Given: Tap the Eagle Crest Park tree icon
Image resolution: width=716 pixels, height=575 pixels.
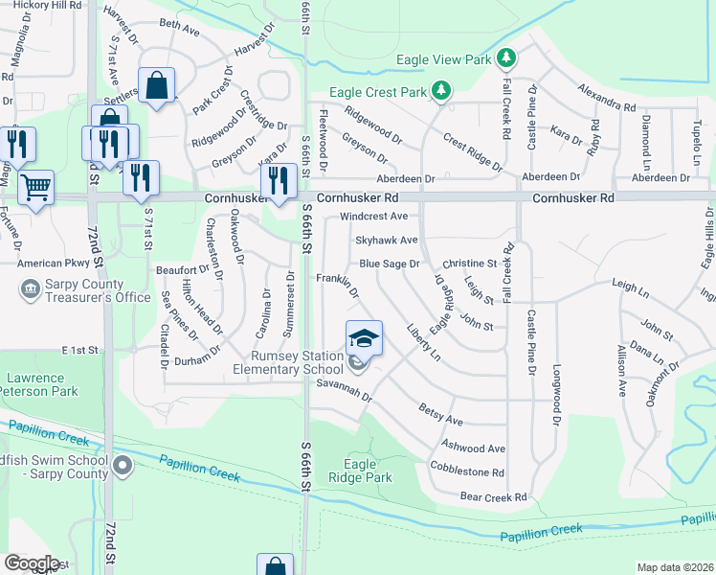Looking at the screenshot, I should tap(441, 91).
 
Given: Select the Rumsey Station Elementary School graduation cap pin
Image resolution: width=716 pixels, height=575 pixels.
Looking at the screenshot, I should tap(364, 339).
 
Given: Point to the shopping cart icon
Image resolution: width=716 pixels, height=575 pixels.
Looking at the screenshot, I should tap(36, 187).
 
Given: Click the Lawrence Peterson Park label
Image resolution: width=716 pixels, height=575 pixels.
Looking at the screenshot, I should tap(37, 385).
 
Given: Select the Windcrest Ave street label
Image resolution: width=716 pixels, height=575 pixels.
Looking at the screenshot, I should tap(373, 217).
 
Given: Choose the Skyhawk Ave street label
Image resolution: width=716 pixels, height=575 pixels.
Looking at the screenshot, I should tap(387, 241).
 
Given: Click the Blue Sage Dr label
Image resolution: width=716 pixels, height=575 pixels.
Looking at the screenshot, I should tap(390, 264).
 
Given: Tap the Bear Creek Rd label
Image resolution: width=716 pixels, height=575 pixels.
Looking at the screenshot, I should tap(494, 497).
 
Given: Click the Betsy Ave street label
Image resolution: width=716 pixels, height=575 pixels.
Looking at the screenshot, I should tap(441, 415).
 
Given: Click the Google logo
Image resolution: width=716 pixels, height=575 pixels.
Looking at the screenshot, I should tap(32, 563).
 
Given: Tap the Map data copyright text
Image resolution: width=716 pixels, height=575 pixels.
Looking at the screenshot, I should tap(675, 567).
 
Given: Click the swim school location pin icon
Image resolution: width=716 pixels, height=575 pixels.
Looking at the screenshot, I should tap(122, 467).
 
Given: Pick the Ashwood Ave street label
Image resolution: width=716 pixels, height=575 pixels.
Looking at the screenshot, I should tap(473, 448).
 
